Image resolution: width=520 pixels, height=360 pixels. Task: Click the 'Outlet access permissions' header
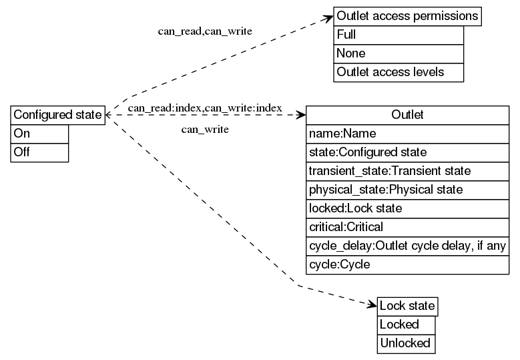point(407,16)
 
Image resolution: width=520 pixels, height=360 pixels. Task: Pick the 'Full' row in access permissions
point(399,35)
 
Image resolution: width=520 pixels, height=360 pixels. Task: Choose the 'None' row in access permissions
point(399,53)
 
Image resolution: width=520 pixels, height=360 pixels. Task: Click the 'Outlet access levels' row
point(399,72)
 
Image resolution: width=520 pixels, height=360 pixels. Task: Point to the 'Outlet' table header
point(407,115)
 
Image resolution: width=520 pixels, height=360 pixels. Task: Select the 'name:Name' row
point(407,134)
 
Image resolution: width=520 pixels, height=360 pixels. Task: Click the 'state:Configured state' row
point(407,152)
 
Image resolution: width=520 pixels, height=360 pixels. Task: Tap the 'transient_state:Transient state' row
point(407,171)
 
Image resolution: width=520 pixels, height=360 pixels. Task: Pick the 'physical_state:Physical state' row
point(407,190)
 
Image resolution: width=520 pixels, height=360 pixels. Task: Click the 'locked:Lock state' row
point(407,208)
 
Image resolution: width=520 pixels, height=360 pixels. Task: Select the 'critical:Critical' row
point(407,227)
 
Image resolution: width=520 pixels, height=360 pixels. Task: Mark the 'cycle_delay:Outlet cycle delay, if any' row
point(407,246)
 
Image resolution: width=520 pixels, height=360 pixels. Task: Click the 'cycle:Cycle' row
point(407,264)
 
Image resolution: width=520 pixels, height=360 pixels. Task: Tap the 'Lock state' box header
point(407,307)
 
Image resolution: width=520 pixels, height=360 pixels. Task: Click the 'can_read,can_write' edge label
point(205,31)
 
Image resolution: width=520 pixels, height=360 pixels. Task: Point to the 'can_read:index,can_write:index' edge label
point(205,108)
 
